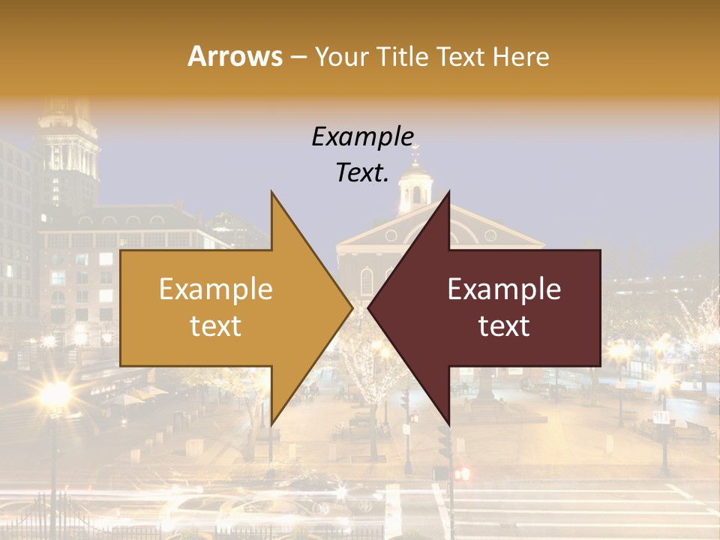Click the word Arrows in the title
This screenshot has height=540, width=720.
(x=235, y=56)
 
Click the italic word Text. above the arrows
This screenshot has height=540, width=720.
(x=362, y=173)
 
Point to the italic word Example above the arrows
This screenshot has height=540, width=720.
(x=362, y=137)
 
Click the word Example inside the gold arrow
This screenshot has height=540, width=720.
(x=216, y=289)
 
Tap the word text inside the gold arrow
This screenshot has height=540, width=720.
(x=216, y=325)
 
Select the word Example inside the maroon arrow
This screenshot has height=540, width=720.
(x=504, y=289)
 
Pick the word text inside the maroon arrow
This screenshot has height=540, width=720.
(x=504, y=325)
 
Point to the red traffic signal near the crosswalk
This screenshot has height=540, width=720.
(x=460, y=474)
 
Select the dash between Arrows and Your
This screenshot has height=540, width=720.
(x=298, y=57)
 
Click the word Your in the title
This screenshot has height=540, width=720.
(x=338, y=56)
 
